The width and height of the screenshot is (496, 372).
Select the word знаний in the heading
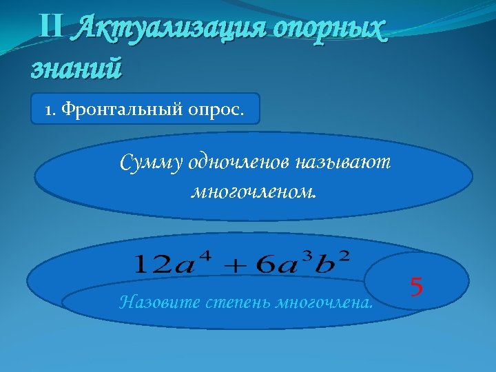(76, 68)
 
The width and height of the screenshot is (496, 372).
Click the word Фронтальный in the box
(121, 109)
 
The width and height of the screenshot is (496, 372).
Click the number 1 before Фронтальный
(49, 109)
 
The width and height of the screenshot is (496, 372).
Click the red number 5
(416, 285)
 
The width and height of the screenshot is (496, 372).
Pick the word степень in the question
(231, 301)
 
